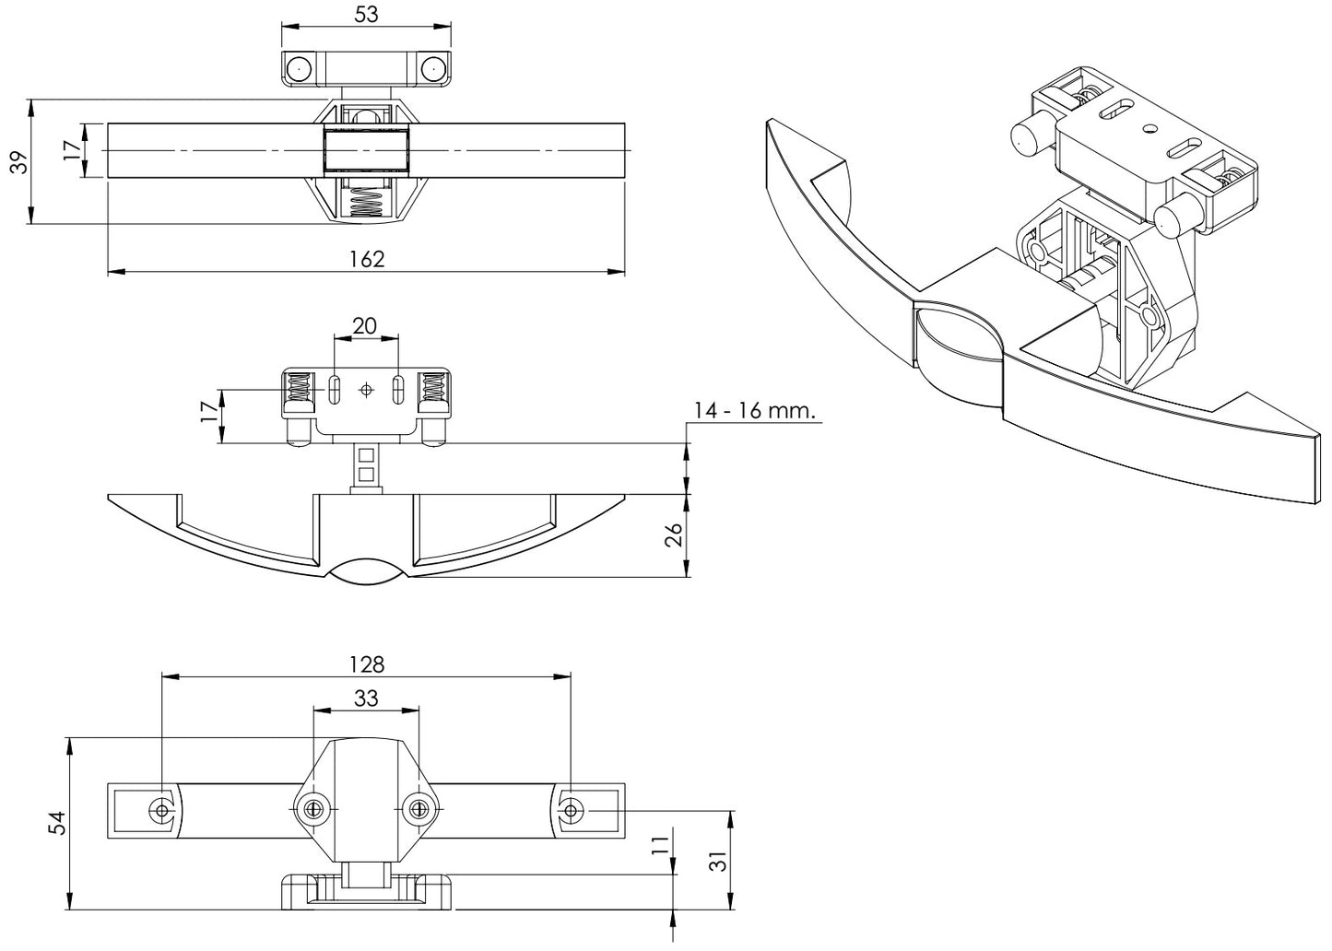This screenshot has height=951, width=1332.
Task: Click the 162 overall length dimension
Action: click(x=366, y=259)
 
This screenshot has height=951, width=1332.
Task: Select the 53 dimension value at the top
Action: click(x=366, y=14)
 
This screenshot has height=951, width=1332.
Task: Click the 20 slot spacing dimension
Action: click(x=366, y=325)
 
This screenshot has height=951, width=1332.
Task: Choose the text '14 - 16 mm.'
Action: click(x=756, y=411)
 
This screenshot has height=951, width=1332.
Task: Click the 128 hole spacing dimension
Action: click(x=366, y=663)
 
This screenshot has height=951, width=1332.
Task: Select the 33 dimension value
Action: click(x=366, y=699)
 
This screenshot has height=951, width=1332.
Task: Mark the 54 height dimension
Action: click(x=57, y=823)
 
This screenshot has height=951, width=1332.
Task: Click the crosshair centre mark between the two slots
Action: click(x=367, y=390)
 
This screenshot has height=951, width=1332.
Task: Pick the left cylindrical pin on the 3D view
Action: click(x=1026, y=137)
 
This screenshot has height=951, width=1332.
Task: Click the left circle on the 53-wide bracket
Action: click(x=299, y=69)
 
